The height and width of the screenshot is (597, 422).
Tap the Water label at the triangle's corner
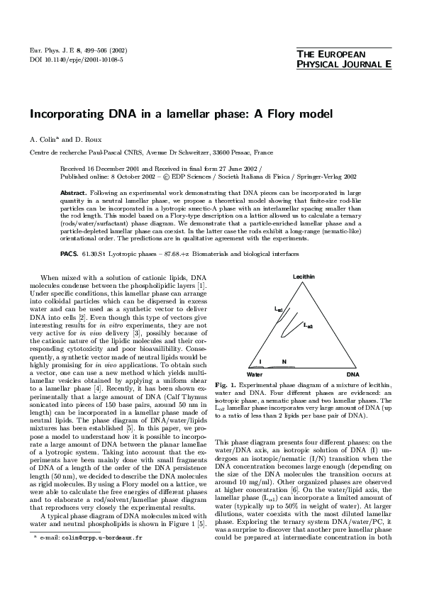point(255,373)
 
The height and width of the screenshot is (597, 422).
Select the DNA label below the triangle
point(352,373)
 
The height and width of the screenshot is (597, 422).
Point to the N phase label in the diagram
point(284,362)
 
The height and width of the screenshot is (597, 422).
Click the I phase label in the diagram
point(260,362)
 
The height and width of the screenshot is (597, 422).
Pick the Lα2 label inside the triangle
point(309,325)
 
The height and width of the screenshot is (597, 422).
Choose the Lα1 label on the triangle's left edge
point(279,310)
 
